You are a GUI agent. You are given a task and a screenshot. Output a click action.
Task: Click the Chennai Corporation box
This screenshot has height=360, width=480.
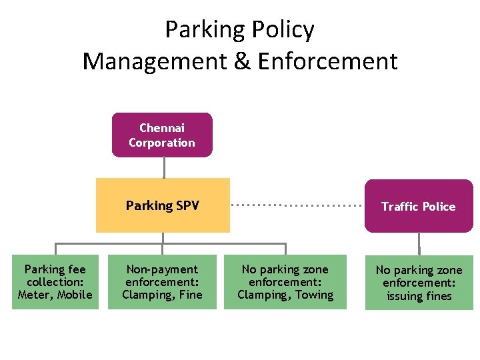162,135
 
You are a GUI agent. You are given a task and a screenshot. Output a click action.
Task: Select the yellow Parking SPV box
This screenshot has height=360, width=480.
163,205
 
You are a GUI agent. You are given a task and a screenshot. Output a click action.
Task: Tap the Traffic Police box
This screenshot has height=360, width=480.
419,206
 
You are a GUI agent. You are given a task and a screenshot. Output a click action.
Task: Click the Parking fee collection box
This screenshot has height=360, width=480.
55,282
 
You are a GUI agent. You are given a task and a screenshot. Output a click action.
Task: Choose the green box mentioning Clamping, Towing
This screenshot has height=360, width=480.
285,282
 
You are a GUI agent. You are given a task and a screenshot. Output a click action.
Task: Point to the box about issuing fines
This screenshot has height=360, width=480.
419,283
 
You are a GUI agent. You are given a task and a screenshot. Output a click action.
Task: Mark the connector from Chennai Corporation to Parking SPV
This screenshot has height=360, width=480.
162,167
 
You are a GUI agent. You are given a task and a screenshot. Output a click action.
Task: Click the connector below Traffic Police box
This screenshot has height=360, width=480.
419,243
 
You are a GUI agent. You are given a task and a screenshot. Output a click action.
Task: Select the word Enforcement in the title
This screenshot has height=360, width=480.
327,61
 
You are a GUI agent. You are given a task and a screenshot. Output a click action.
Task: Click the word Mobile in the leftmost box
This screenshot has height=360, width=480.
75,295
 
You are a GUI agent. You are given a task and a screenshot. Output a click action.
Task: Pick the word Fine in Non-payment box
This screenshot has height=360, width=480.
190,295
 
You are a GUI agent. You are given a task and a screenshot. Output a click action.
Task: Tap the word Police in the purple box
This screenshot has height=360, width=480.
438,207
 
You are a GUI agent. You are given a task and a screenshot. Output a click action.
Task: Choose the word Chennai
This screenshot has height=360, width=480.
162,127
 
